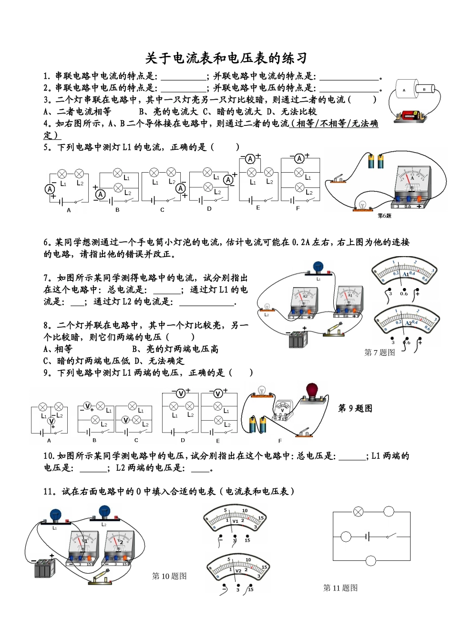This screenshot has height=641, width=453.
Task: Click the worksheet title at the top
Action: pyautogui.click(x=226, y=58)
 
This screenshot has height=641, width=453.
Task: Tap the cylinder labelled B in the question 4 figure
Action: pyautogui.click(x=424, y=89)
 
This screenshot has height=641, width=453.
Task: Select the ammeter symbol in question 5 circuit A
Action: pyautogui.click(x=50, y=189)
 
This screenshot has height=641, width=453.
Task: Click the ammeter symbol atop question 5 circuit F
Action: pyautogui.click(x=299, y=158)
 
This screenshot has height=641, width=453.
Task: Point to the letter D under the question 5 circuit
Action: pyautogui.click(x=209, y=208)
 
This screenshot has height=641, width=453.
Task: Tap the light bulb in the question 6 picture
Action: pyautogui.click(x=362, y=205)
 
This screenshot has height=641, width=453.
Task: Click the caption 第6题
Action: pyautogui.click(x=384, y=216)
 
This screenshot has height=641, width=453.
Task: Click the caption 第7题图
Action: pyautogui.click(x=380, y=352)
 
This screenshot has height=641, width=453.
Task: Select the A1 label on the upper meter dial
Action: pyautogui.click(x=406, y=275)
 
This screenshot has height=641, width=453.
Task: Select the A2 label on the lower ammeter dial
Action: pyautogui.click(x=408, y=323)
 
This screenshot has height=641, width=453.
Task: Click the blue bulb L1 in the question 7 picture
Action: pyautogui.click(x=318, y=267)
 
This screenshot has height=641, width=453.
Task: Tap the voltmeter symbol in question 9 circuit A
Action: pyautogui.click(x=51, y=421)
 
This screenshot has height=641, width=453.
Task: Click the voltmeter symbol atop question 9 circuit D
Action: pyautogui.click(x=181, y=393)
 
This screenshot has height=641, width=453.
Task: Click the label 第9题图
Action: pyautogui.click(x=355, y=408)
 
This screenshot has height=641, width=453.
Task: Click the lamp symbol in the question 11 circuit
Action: pyautogui.click(x=358, y=512)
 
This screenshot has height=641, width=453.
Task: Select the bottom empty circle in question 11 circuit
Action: pyautogui.click(x=371, y=560)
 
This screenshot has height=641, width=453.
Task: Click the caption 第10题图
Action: pyautogui.click(x=169, y=576)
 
